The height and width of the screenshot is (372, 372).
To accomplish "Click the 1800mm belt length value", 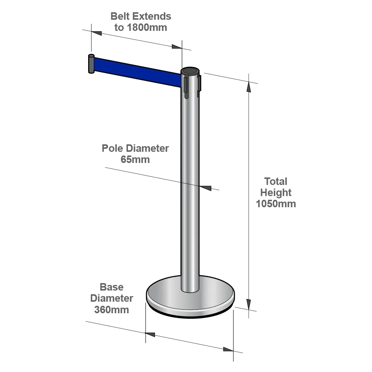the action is [147, 28].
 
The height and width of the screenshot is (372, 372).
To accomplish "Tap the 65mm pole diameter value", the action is [135, 160].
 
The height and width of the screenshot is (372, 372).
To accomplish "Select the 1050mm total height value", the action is [276, 204].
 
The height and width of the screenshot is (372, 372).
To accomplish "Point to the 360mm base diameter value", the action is [112, 310].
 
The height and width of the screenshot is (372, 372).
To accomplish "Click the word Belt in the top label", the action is [120, 16].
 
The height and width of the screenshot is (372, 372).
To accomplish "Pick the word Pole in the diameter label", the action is [112, 148].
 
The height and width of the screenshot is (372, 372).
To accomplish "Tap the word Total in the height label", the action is [276, 182].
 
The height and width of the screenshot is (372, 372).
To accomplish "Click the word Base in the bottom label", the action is [112, 287].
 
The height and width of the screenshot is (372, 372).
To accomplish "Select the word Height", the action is [276, 193].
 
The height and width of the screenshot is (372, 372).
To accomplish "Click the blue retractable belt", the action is [138, 72].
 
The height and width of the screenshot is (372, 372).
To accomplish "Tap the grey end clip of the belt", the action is [92, 64].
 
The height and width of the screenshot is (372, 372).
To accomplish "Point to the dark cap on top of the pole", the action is [190, 71].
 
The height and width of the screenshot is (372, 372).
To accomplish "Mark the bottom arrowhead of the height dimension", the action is [248, 304].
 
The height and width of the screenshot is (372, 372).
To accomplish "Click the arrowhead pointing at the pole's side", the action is [205, 188].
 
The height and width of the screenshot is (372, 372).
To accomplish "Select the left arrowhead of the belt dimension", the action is [97, 33].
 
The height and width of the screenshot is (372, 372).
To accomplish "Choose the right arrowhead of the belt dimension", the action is [177, 46].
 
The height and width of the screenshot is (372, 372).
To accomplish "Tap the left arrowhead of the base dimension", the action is [150, 334].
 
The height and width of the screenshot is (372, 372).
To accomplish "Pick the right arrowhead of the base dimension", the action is [228, 349].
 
